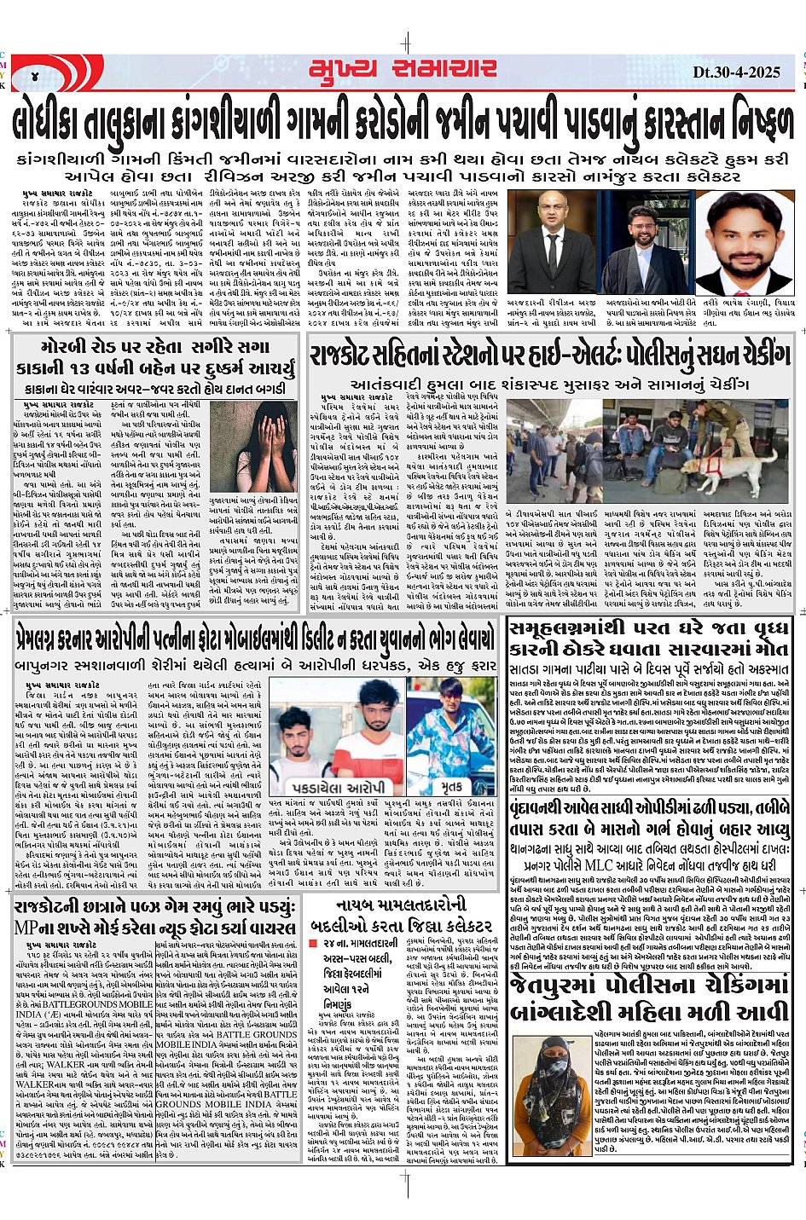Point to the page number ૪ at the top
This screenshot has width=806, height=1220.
[x=35, y=74]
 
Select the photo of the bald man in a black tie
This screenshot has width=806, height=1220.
[x=553, y=242]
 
